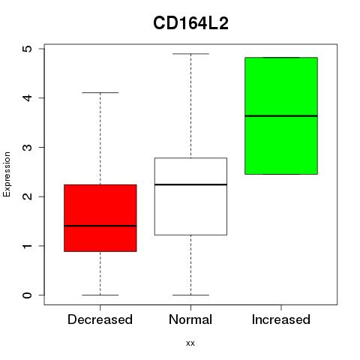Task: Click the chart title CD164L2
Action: point(190,23)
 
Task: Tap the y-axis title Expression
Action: point(7,175)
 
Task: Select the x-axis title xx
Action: point(190,343)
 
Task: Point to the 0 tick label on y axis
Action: point(27,295)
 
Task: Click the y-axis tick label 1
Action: point(27,246)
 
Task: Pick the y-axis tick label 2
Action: point(27,196)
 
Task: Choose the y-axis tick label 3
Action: point(27,147)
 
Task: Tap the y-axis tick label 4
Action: point(27,97)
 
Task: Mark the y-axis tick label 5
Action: point(27,49)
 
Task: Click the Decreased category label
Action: point(100,319)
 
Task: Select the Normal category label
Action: point(190,319)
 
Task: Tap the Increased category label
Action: point(281,319)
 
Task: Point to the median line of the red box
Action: point(100,226)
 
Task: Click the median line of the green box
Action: point(281,115)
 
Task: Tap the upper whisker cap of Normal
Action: point(190,54)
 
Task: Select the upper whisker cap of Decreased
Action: point(100,93)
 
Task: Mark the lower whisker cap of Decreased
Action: point(100,295)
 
